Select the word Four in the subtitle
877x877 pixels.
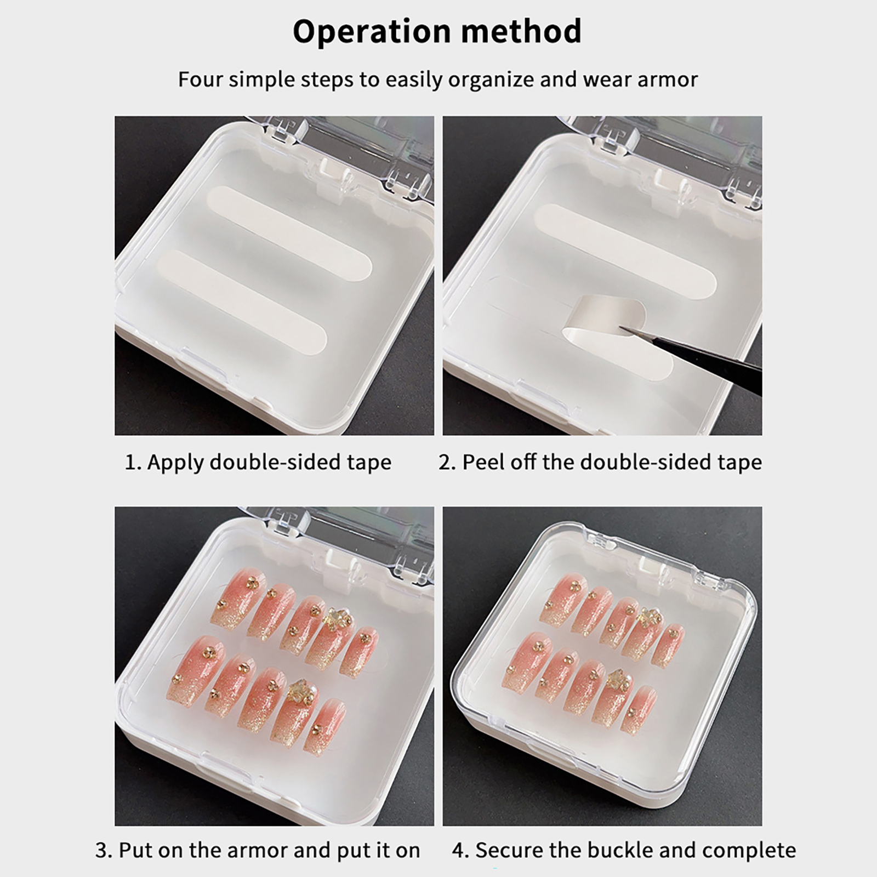coord(200,79)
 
